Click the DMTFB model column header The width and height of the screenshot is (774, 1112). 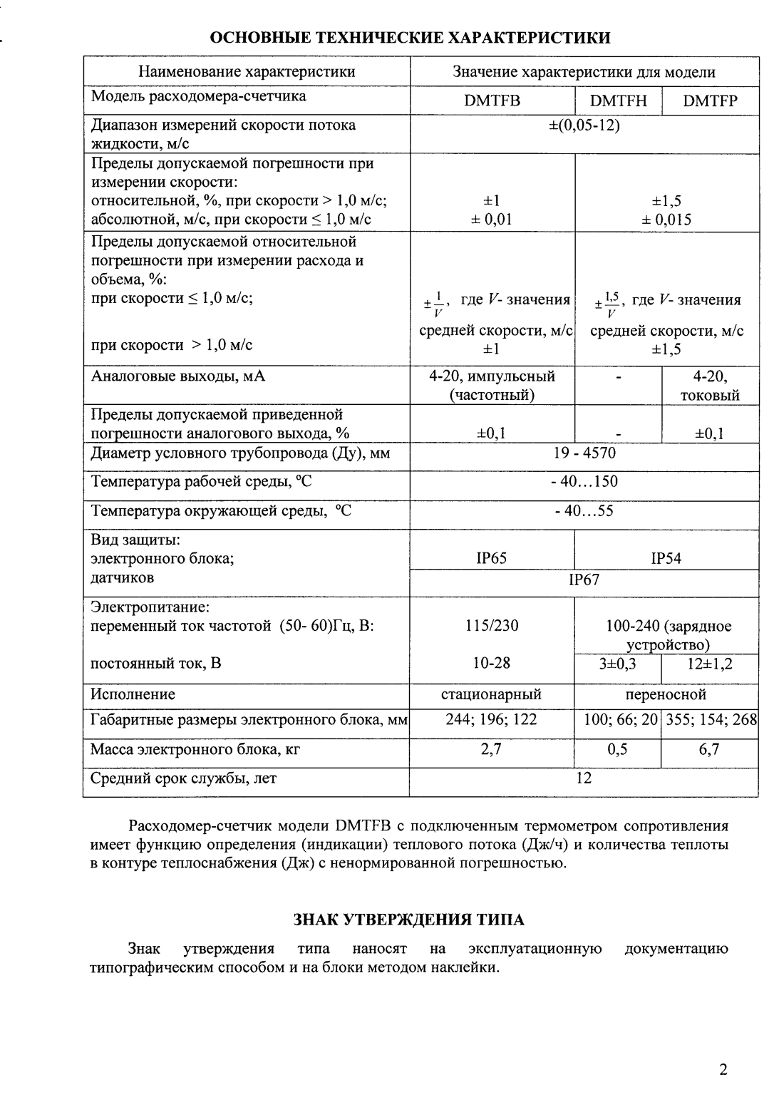492,101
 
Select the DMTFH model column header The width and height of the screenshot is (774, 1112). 619,101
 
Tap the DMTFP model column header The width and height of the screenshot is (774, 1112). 710,101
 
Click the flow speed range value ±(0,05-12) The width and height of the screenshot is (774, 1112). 584,125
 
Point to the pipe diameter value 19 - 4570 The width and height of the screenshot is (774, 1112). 584,453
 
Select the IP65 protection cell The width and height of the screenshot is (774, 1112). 491,559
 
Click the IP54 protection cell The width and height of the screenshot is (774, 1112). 666,559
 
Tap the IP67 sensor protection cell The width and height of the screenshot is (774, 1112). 584,580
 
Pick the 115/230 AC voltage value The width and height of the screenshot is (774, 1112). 491,626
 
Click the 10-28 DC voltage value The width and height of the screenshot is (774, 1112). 491,663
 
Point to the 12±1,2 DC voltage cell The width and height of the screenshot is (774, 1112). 710,664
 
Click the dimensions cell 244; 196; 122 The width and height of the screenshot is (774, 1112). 491,719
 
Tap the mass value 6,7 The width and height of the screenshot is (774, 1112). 709,749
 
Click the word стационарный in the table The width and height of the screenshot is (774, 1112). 491,694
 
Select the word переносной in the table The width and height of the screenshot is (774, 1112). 666,694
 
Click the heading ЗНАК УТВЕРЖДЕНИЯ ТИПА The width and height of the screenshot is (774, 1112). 409,920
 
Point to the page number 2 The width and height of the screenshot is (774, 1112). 723,1069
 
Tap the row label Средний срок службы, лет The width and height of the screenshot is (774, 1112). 183,778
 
